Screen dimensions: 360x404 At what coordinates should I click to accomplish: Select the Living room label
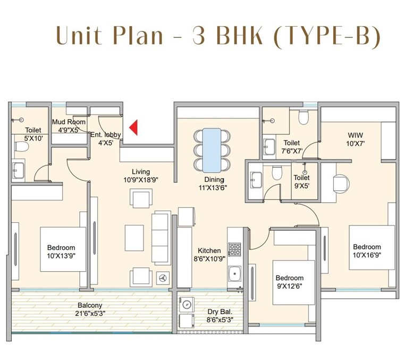141,172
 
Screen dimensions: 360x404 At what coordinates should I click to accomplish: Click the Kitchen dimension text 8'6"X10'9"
209,259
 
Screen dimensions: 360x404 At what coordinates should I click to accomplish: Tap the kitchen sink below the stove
234,274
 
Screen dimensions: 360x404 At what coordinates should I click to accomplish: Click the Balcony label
89,306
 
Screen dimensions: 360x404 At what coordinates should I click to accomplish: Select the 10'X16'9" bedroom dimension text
367,255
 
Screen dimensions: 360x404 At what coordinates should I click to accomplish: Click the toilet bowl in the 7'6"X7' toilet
304,116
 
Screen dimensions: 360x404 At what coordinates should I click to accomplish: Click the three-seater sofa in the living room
162,238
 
